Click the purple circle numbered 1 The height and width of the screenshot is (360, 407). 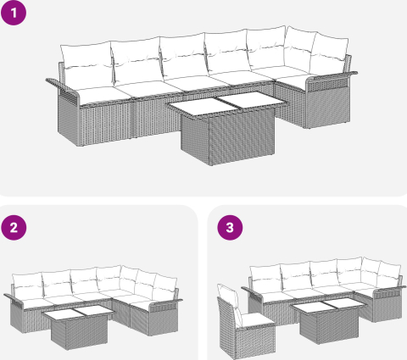pos(14,13)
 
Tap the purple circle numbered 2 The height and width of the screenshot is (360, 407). pos(14,228)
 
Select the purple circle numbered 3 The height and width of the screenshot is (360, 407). pos(230,228)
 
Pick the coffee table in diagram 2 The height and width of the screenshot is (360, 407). pos(79,327)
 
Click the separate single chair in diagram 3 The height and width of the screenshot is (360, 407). pos(245,323)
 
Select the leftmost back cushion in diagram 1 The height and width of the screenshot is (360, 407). pos(86,65)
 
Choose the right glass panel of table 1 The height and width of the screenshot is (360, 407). pos(252,99)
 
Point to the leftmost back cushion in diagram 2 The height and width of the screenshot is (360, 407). pos(28,285)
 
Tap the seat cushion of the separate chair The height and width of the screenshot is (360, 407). pos(258,319)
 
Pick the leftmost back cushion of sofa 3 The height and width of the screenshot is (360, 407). pos(265,277)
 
